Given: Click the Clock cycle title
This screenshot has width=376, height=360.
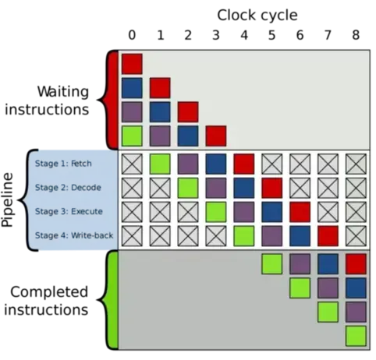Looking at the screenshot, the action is coord(257,15).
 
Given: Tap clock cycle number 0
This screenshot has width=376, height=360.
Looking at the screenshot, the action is coord(132,35).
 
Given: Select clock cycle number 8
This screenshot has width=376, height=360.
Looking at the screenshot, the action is coord(356,35).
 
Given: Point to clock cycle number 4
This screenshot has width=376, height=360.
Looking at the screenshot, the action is coord(244,35).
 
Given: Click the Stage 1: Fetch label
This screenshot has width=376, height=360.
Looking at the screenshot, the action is coord(63,164).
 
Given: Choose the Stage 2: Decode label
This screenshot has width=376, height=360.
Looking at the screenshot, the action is coord(68,187).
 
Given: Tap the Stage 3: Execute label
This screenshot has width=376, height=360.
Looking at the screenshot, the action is coord(69,211).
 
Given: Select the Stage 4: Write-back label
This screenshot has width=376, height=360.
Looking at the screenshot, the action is coord(74,235).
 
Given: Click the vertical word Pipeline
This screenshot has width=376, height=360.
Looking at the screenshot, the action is coord(7,200).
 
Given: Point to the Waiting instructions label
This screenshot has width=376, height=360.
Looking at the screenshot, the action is coord(47,101).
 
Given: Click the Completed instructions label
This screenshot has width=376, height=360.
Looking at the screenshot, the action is coord(46,301).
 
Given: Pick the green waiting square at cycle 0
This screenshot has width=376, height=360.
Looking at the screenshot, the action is coord(132,136).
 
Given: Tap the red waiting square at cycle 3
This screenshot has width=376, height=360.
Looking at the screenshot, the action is coord(216,136).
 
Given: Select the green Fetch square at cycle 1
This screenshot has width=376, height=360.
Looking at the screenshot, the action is coord(160,164).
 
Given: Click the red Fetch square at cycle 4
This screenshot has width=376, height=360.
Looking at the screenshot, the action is coord(244,164).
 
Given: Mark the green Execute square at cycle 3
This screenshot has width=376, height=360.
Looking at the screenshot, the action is coord(216,212).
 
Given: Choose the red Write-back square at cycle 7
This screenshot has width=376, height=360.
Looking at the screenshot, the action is coord(328,236).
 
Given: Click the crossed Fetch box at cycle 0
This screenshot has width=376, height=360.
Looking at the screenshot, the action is coord(132,164).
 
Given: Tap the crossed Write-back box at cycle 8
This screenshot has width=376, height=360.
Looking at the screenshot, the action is coord(356,236).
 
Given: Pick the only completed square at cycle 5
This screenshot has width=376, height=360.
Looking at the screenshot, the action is coord(271,264).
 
